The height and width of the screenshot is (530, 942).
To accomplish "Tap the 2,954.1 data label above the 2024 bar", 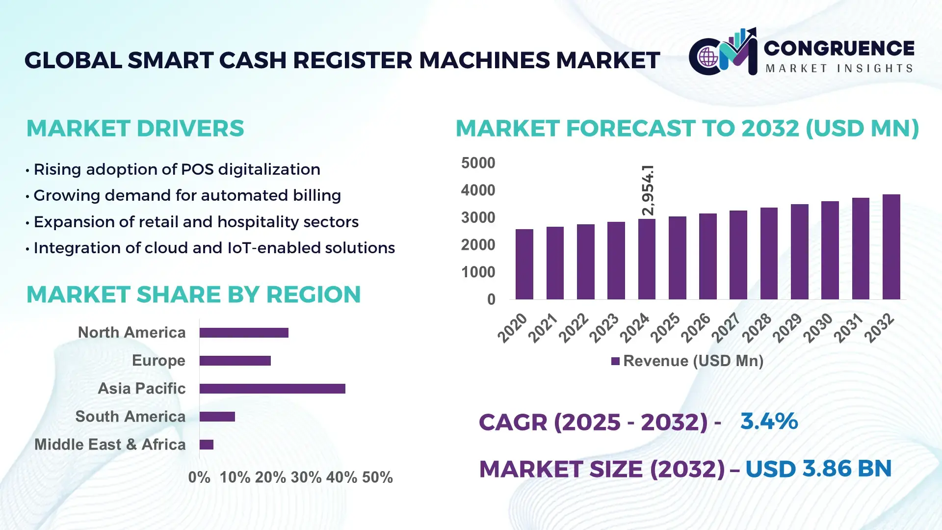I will coord(648,190).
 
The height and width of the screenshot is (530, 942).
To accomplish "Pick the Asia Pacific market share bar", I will coord(272,389).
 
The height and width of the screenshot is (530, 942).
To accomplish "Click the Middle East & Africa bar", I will coord(206,445).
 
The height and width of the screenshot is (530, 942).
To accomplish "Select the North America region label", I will coord(131,332).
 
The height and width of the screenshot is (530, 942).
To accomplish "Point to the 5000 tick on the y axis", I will coord(478,163).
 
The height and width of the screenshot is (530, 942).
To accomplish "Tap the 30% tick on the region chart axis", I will coord(306,477).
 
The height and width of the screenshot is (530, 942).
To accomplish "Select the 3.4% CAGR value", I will coord(769,421).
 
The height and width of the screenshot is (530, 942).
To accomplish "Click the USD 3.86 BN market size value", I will coord(818,469).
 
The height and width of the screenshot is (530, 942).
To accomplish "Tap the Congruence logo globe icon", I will coord(708,57).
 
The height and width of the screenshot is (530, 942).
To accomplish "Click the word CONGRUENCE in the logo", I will coord(839,48).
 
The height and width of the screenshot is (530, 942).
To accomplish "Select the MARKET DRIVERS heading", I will coord(135,129).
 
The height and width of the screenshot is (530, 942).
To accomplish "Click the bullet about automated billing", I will coord(187,195).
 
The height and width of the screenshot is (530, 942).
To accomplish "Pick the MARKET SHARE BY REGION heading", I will coord(193,294).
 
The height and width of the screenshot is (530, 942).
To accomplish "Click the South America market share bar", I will coord(217,417).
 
